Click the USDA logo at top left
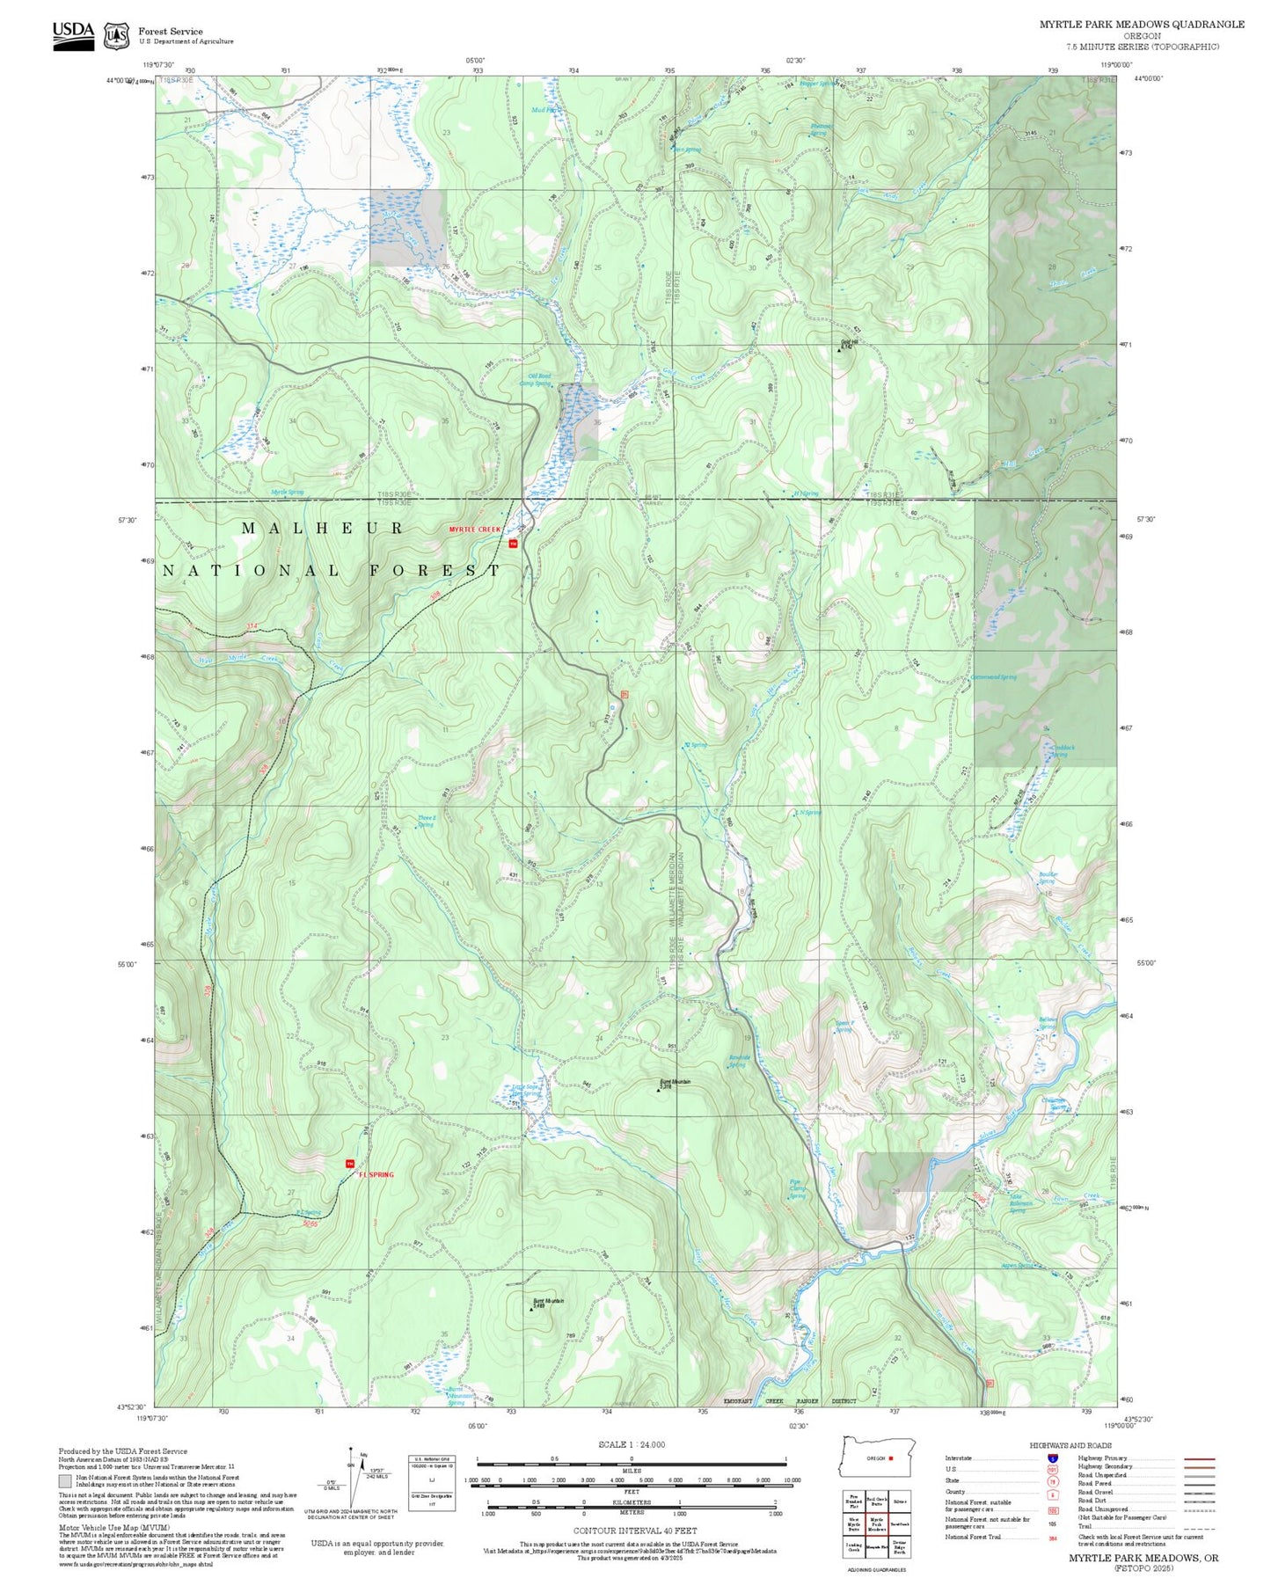pyautogui.click(x=73, y=35)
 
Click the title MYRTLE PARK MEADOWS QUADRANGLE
pyautogui.click(x=1142, y=25)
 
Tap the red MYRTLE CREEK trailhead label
pyautogui.click(x=474, y=530)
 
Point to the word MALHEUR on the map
pyautogui.click(x=322, y=529)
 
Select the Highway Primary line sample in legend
pyautogui.click(x=1199, y=1458)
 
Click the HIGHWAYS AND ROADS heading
pyautogui.click(x=1070, y=1445)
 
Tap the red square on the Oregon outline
pyautogui.click(x=891, y=1457)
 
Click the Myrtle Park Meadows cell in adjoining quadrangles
pyautogui.click(x=876, y=1524)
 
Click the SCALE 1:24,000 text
pyautogui.click(x=631, y=1444)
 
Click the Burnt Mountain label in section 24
pyautogui.click(x=676, y=1083)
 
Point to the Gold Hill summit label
pyautogui.click(x=848, y=345)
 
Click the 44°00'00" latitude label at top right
pyautogui.click(x=1148, y=79)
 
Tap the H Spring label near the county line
pyautogui.click(x=806, y=493)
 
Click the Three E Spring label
pyautogui.click(x=426, y=821)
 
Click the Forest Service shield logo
pyautogui.click(x=116, y=35)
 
